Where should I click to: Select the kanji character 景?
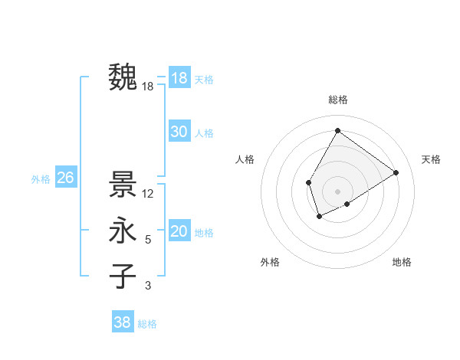point(123,185)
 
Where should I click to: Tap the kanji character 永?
point(123,231)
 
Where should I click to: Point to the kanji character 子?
point(123,276)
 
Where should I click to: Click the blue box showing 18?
point(179,77)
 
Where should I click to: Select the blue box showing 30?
point(179,132)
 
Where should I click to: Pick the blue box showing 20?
point(179,231)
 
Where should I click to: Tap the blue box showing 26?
point(65,178)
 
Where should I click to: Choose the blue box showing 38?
point(122,322)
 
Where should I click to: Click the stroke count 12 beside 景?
point(149,194)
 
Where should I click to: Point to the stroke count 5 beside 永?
point(148,240)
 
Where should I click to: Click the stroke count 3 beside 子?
point(148,286)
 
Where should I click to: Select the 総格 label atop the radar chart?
point(337,100)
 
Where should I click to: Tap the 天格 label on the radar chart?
point(431,159)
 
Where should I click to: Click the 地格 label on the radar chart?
point(402,262)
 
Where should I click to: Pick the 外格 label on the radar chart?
point(270,262)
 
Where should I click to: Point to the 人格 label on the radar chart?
point(245,159)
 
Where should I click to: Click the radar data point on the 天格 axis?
point(396,172)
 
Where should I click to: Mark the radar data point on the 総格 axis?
point(337,130)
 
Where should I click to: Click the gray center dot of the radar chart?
point(337,191)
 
